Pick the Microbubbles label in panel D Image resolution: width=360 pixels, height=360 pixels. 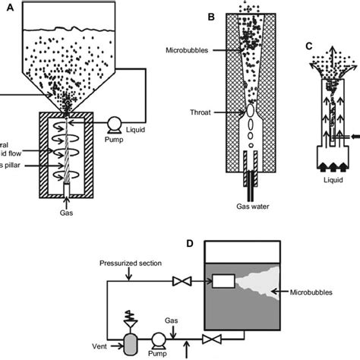click(314, 291)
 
